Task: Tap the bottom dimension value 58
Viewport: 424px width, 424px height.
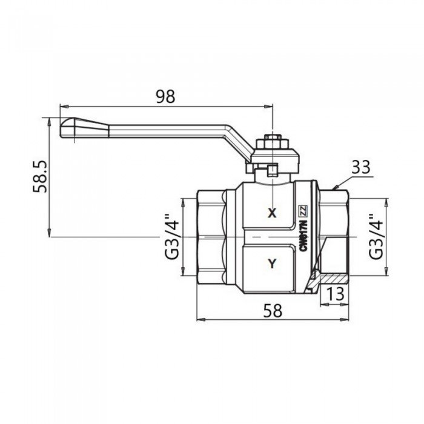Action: (273, 310)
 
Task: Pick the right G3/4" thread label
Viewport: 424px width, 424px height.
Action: (376, 236)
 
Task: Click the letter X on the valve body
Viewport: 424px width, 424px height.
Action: (271, 213)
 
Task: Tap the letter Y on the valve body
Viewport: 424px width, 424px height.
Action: (271, 263)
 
